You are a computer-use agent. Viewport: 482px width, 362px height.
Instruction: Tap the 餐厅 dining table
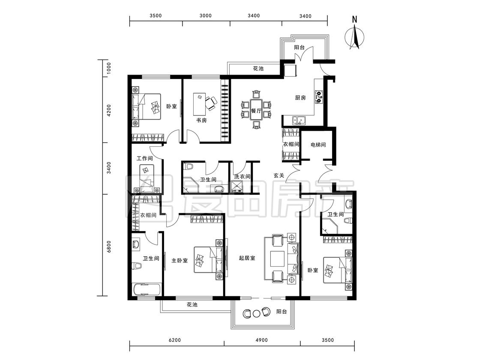pos(256,110)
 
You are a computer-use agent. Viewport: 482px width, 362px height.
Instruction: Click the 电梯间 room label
pos(318,145)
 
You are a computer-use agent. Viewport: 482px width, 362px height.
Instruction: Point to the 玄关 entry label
pos(279,175)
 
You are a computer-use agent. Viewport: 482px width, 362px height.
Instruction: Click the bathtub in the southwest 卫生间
pos(147,290)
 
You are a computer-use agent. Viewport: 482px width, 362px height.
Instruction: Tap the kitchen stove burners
pos(319,97)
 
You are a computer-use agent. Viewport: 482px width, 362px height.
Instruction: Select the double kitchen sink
pos(299,120)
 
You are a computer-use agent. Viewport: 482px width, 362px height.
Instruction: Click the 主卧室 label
pos(180,260)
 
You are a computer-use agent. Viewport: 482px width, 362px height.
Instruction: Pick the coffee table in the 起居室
pos(278,259)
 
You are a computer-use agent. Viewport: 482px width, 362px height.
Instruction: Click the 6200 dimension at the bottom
pos(175,340)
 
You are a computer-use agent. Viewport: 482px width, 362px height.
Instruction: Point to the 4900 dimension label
pos(262,340)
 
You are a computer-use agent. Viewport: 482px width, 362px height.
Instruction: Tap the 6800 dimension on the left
pos(109,246)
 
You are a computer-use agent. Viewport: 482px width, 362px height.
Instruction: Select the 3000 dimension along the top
pos(205,16)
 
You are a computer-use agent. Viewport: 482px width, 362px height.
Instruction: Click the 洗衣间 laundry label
pos(242,177)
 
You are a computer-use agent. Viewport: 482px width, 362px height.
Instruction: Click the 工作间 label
pos(145,159)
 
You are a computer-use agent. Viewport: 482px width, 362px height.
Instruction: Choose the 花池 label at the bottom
pos(192,305)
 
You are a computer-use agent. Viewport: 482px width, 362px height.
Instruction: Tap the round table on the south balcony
pos(256,314)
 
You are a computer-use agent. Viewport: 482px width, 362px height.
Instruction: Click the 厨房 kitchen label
pos(300,98)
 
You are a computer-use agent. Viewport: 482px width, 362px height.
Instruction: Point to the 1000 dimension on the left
pos(109,68)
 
